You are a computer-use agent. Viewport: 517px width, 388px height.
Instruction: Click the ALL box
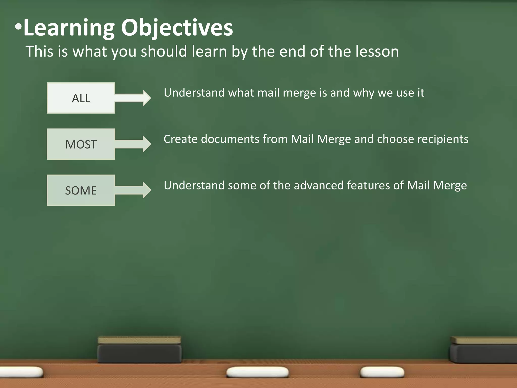(x=81, y=98)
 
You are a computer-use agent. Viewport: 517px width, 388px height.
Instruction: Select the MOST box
(x=81, y=144)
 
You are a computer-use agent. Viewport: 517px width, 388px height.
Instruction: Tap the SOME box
(x=81, y=190)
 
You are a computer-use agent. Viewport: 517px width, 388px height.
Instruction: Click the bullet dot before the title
(x=18, y=27)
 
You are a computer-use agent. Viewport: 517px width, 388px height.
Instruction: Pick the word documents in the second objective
(x=230, y=139)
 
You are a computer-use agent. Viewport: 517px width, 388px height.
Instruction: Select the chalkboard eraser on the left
(x=140, y=350)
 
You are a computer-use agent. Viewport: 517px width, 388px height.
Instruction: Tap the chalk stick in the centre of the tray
(x=257, y=372)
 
